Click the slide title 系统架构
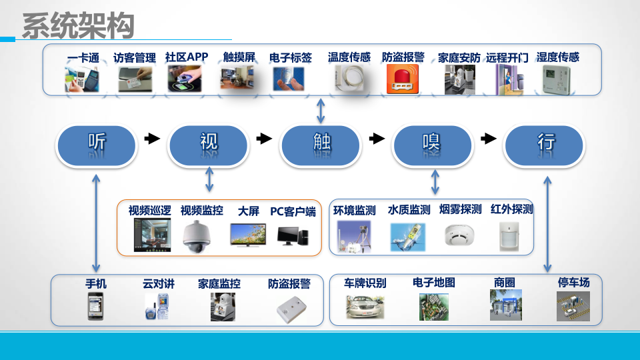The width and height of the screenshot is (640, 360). [78, 26]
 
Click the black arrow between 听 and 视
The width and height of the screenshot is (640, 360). [153, 139]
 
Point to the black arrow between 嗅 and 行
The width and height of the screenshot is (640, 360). [489, 139]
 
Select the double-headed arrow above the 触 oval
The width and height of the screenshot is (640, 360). [321, 109]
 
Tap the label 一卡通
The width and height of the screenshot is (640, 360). [83, 58]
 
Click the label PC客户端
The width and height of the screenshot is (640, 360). [293, 211]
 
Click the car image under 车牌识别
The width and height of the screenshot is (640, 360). [364, 307]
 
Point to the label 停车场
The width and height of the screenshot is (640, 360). [573, 283]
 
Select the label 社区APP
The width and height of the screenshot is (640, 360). [187, 57]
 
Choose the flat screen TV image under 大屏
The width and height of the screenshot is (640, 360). [247, 235]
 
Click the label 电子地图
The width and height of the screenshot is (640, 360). [433, 283]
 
